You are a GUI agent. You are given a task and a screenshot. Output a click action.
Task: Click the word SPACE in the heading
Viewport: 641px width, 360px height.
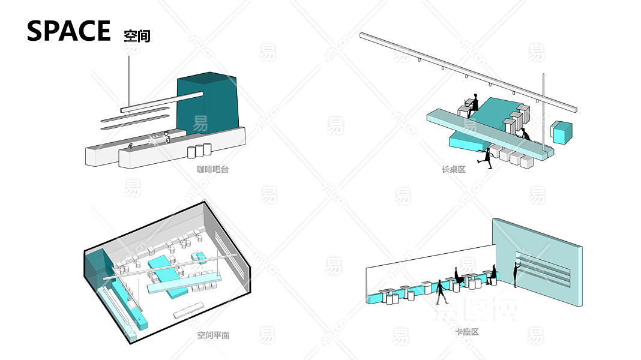pyautogui.click(x=68, y=31)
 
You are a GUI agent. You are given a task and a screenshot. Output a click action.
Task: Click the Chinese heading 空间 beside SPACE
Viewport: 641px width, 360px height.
pyautogui.click(x=137, y=35)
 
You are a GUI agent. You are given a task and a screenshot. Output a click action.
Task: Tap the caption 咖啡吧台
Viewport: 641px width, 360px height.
pyautogui.click(x=212, y=170)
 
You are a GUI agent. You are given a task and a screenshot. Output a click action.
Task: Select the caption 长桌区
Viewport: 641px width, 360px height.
pyautogui.click(x=454, y=170)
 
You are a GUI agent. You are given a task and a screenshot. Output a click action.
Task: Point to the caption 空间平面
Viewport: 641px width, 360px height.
pyautogui.click(x=213, y=335)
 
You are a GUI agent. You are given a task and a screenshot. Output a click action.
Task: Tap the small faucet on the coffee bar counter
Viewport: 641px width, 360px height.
pyautogui.click(x=131, y=146)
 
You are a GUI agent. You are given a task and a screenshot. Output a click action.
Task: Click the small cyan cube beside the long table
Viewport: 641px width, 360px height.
pyautogui.click(x=562, y=133)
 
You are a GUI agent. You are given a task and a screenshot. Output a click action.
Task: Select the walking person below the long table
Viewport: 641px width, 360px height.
pyautogui.click(x=486, y=160)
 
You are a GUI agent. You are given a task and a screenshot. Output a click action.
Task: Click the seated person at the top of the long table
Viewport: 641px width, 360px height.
pyautogui.click(x=474, y=103)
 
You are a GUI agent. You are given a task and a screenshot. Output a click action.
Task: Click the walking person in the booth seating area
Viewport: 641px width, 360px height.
pyautogui.click(x=441, y=292)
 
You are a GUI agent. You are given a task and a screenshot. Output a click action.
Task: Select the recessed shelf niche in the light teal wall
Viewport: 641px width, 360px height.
pyautogui.click(x=543, y=268)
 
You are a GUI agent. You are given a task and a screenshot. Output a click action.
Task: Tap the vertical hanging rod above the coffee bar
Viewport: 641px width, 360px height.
pyautogui.click(x=130, y=81)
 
